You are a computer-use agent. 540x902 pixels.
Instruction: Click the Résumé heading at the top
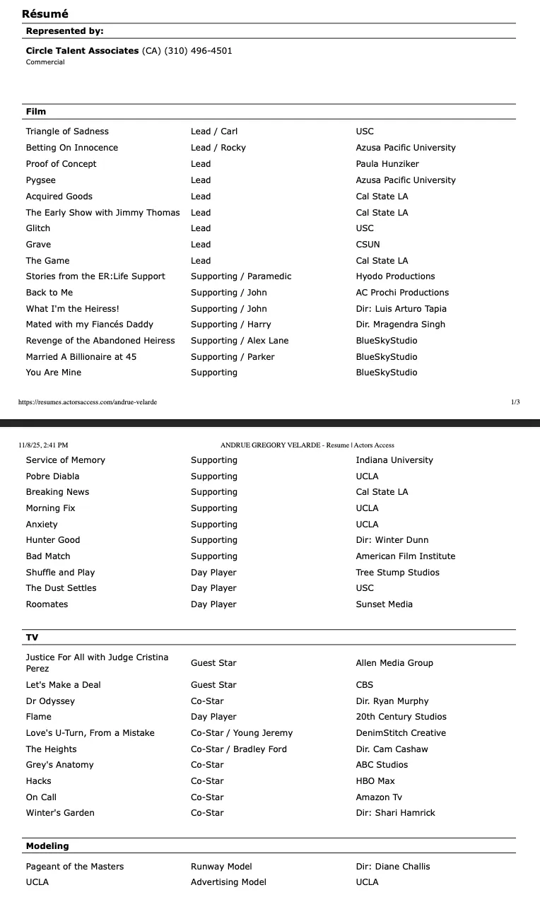click(x=45, y=13)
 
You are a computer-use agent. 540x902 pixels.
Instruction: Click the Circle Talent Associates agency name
click(x=82, y=51)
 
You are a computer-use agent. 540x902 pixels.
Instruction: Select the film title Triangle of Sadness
click(x=67, y=131)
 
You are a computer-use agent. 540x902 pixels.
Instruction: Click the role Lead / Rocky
click(x=218, y=148)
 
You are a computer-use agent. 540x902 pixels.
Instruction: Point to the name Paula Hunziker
click(x=387, y=164)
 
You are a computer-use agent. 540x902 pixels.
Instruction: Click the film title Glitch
click(x=38, y=228)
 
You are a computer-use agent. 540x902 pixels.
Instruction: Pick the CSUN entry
click(x=368, y=245)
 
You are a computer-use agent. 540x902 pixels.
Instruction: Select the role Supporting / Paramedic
click(x=240, y=276)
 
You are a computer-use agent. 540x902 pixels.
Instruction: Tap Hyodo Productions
click(x=395, y=276)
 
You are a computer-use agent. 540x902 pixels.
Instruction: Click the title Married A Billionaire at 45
click(x=81, y=357)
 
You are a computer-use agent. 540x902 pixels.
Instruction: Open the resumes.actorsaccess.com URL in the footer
click(x=88, y=402)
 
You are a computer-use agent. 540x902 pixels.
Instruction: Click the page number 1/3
click(x=515, y=402)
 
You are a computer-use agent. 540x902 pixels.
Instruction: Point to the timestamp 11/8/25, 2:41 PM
click(x=44, y=445)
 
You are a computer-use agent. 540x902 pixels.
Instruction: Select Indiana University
click(x=394, y=460)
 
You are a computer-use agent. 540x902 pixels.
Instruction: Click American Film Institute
click(x=406, y=556)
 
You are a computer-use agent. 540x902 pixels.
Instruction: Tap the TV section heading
click(x=32, y=638)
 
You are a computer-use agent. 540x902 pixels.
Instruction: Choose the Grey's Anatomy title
click(x=59, y=765)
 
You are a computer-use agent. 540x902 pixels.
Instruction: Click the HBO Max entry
click(x=375, y=781)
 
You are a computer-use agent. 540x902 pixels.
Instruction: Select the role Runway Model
click(x=221, y=867)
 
